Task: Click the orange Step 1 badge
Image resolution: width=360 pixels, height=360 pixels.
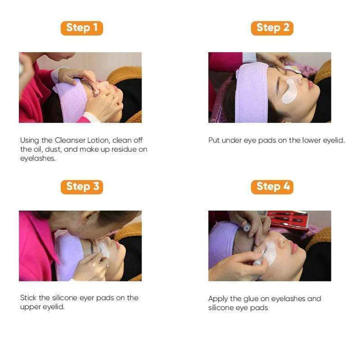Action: (81, 28)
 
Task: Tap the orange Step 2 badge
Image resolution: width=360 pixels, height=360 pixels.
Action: (272, 28)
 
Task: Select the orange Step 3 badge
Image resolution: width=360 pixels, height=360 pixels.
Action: (82, 187)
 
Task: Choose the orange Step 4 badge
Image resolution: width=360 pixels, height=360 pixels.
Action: (272, 187)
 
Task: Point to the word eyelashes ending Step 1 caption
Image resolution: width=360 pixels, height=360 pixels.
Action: (38, 158)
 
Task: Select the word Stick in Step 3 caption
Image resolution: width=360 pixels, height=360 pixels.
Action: (29, 298)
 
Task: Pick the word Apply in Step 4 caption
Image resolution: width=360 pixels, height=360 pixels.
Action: (218, 299)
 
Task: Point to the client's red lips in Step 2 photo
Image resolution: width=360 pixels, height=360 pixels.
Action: (311, 84)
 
